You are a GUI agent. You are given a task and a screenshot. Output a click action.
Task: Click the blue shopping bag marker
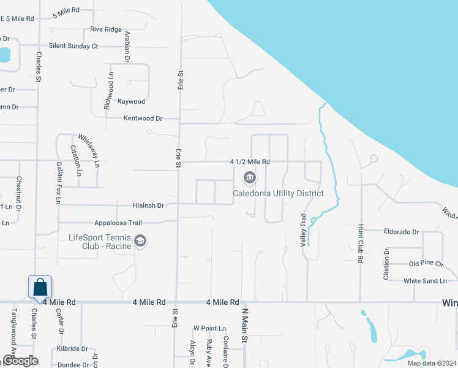[x=40, y=286]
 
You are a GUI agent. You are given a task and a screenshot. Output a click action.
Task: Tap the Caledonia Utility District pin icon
[x=249, y=178]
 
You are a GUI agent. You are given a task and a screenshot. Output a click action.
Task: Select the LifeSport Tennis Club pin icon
[x=140, y=240]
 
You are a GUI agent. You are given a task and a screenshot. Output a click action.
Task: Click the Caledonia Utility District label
[x=277, y=194]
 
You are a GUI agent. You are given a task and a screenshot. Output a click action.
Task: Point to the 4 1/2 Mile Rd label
[x=250, y=162]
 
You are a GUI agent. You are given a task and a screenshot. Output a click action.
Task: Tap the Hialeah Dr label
[x=149, y=206]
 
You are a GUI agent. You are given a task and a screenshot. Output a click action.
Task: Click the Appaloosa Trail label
[x=118, y=223]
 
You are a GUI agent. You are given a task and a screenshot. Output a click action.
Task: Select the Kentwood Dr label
[x=143, y=118]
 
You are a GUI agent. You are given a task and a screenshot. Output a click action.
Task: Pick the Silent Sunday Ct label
[x=73, y=46]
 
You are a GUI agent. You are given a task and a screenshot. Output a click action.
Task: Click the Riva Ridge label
[x=105, y=29]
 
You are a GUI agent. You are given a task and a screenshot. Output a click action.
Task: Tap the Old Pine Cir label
[x=426, y=264]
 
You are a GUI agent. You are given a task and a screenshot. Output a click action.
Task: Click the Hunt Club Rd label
[x=361, y=243]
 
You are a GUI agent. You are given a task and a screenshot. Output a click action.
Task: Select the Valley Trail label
[x=302, y=230]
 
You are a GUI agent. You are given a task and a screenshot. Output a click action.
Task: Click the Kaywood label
[x=131, y=102]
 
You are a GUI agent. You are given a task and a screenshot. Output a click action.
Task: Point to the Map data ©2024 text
[x=431, y=363]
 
